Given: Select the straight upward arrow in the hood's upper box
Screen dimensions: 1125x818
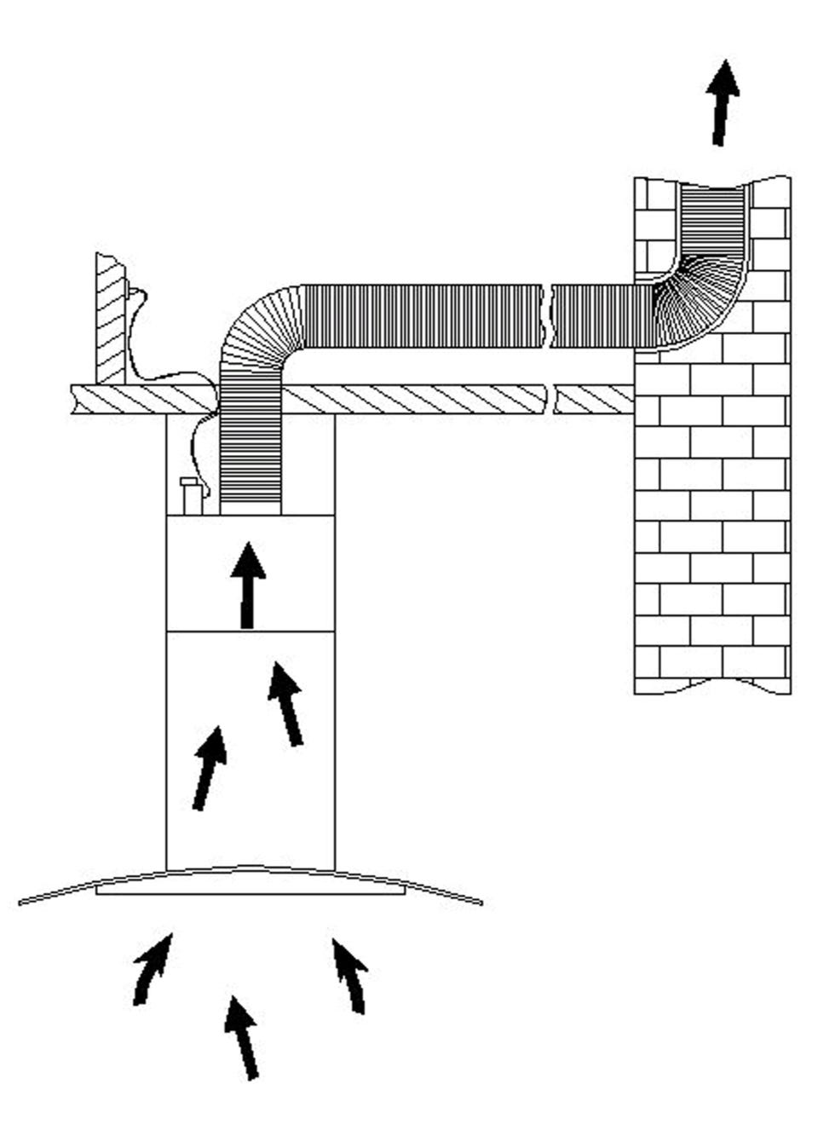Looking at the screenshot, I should (x=248, y=586).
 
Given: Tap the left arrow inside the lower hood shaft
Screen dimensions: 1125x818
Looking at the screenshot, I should (x=209, y=768).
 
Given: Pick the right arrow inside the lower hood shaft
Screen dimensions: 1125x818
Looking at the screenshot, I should (x=286, y=704).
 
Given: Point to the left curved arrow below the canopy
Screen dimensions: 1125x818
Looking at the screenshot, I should (x=152, y=970).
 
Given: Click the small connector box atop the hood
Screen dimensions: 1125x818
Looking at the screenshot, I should (x=192, y=496).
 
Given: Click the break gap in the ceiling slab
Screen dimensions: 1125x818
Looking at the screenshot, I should (x=549, y=399).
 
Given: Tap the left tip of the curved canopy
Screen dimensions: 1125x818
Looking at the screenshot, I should (x=21, y=901).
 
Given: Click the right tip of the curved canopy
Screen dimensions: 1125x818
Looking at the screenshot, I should (x=480, y=902).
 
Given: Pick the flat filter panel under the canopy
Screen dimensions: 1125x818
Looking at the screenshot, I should (x=249, y=890).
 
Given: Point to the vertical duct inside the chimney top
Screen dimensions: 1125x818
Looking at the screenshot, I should (x=712, y=217).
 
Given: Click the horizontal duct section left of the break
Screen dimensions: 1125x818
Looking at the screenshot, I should (x=422, y=316).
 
